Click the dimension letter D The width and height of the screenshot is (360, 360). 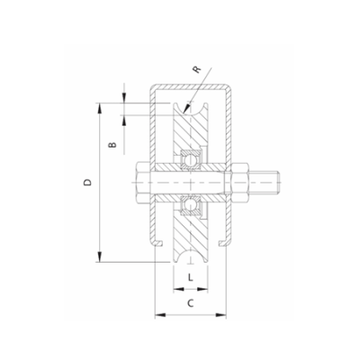point(86,183)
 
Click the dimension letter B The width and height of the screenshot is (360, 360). point(112,144)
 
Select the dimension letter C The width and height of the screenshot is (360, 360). point(190,303)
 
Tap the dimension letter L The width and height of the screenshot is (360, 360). point(190,278)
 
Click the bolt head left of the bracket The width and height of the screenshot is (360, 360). point(144,186)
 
